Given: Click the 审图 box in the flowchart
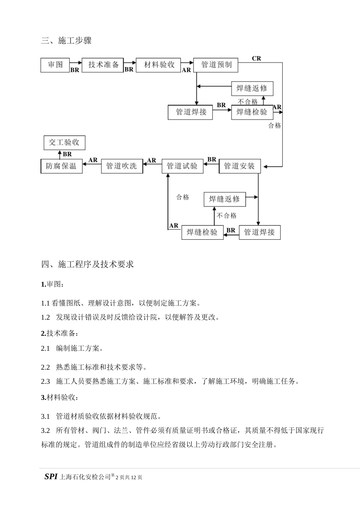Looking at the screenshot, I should point(55,65).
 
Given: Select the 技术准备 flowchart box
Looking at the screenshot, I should point(103,65).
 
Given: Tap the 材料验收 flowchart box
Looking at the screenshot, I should point(159,65).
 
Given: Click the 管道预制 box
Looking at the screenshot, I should point(216,65).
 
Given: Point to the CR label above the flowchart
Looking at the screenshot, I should point(257,58).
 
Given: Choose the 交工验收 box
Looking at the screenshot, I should point(64,143).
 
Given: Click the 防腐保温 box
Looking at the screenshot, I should point(61,166).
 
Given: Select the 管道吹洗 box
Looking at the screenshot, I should point(122,166).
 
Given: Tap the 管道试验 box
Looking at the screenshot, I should point(182,166).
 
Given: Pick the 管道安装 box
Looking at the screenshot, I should point(239,166).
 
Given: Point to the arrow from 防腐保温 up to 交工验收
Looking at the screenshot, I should point(59,154).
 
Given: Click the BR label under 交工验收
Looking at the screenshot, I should point(67,154).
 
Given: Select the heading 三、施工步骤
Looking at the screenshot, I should point(66,41).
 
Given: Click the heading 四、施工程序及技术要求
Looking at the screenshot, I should point(88,264).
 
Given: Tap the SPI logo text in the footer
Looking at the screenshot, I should point(51,477).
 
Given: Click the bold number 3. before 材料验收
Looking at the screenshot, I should point(44,398).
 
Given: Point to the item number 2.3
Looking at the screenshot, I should point(45,381).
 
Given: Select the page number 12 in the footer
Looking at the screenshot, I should point(133,478).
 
